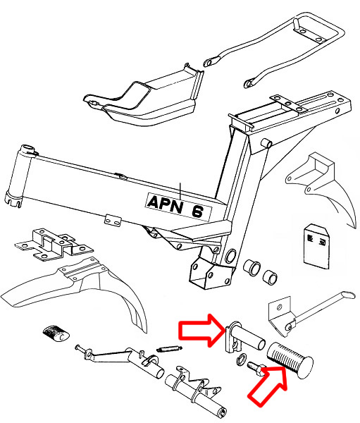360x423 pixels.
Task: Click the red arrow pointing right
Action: (201, 330)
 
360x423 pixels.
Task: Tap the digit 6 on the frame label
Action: (197, 211)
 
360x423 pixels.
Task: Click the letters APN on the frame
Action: (165, 204)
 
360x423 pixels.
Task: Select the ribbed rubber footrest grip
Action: (290, 360)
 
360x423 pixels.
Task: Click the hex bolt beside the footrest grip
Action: (256, 368)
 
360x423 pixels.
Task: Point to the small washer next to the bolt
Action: (241, 359)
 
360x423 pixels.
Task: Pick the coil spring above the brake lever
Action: (169, 349)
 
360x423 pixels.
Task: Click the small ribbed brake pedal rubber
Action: (56, 334)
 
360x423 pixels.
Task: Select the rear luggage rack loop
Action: (275, 49)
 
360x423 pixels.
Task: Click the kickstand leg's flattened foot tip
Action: (349, 295)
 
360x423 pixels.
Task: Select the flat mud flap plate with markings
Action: (316, 246)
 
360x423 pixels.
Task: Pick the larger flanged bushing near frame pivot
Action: (252, 268)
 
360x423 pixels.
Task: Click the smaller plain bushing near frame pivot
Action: (271, 277)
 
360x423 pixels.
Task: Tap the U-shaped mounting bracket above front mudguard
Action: (54, 245)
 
